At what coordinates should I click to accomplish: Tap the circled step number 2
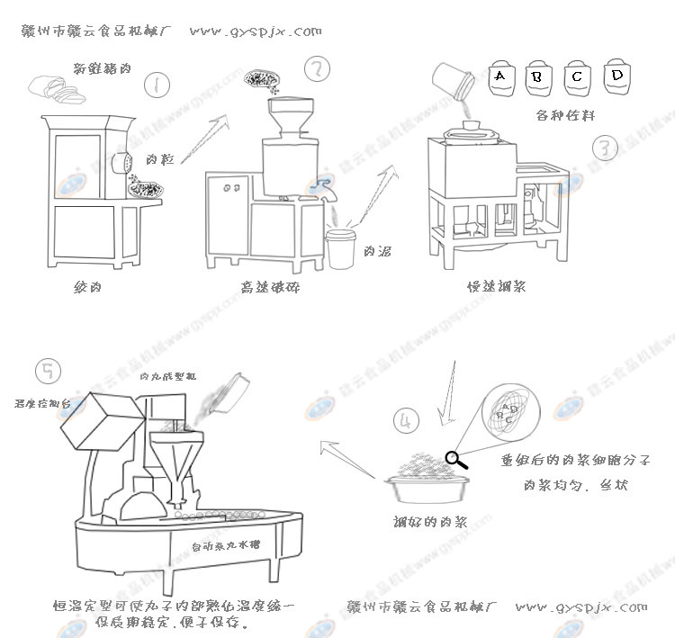[x=317, y=69]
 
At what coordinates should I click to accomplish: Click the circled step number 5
[x=47, y=371]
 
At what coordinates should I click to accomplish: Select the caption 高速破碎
[x=269, y=288]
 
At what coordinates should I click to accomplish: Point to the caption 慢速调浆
[x=496, y=287]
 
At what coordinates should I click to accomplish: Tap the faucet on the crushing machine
[x=321, y=188]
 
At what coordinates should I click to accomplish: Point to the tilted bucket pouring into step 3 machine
[x=454, y=81]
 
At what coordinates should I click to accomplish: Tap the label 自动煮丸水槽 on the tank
[x=222, y=546]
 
